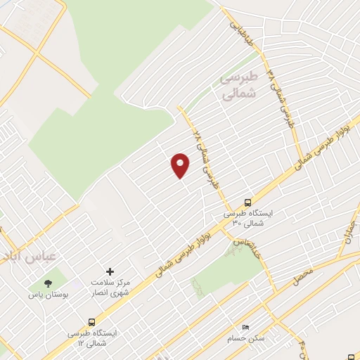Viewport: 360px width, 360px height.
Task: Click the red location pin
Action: [181, 165]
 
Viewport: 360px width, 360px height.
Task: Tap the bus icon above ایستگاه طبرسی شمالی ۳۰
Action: [247, 201]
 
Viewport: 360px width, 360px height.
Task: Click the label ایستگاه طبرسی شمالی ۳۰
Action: [247, 217]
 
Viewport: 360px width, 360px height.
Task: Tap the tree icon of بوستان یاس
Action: [47, 283]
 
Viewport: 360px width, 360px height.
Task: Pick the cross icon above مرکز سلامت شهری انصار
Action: [110, 271]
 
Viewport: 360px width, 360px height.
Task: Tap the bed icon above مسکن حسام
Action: [245, 328]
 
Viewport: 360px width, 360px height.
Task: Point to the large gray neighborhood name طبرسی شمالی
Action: [239, 84]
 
